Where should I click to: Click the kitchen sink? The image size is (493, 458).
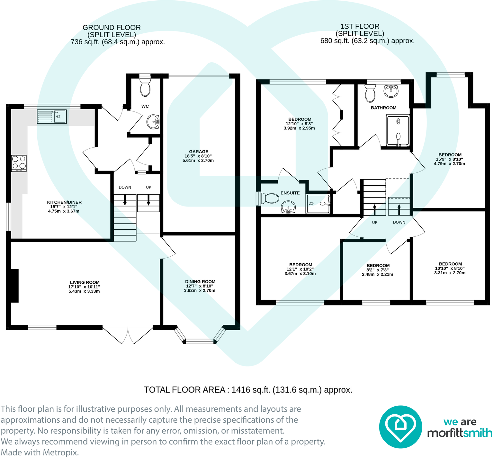52,117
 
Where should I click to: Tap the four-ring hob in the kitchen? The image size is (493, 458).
19,163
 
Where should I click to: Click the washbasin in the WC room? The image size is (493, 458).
153,122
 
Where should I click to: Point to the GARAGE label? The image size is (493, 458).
199,152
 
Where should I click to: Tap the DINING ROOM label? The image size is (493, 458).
200,281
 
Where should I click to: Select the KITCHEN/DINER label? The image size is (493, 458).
64,202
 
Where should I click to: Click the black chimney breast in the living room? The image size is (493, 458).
14,286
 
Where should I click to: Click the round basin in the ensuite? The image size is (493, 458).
289,207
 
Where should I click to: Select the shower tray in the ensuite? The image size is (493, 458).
318,204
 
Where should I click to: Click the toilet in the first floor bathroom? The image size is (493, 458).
370,93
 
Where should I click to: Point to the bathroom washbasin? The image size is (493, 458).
391,91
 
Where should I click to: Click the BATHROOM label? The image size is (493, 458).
384,108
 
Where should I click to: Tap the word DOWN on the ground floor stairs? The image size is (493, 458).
125,187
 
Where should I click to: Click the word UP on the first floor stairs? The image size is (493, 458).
375,222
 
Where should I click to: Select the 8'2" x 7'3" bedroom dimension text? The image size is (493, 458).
378,270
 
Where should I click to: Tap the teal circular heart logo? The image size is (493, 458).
400,427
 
